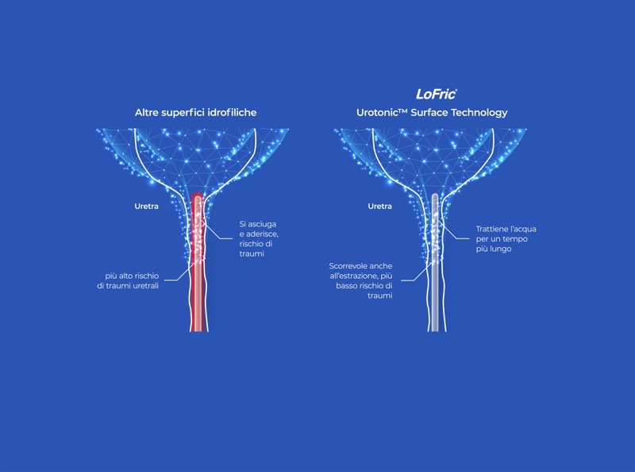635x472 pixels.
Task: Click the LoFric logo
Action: tap(436, 94)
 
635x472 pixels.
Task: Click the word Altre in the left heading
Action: tap(148, 113)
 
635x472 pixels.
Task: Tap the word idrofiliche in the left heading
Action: tap(232, 113)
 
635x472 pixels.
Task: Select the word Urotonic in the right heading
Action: tap(383, 113)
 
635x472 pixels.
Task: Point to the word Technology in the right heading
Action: tap(479, 113)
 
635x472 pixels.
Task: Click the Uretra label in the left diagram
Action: tap(146, 207)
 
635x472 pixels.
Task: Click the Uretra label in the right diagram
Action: tap(379, 207)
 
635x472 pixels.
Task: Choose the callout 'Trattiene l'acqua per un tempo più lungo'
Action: tap(506, 238)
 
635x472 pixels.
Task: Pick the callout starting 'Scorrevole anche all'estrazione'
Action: tap(361, 280)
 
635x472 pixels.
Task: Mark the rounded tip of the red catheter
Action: tap(198, 197)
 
